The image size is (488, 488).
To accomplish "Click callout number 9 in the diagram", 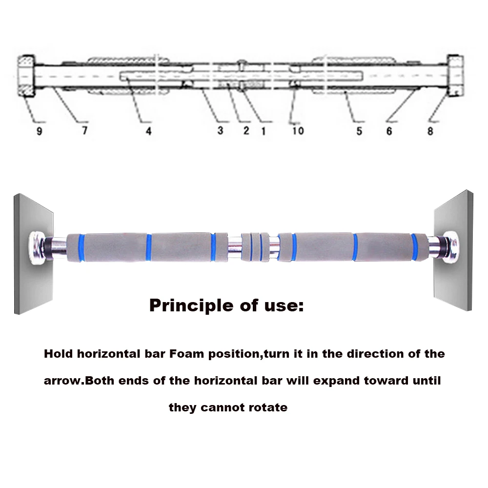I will (x=39, y=131).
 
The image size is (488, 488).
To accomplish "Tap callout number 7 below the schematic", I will (x=84, y=131).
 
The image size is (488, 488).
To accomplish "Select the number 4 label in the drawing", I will (x=148, y=131).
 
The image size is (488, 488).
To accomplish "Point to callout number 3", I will (x=221, y=130).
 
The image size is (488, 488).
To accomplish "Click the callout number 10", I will (x=298, y=130).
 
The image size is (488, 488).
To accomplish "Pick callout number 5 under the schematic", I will (x=359, y=131).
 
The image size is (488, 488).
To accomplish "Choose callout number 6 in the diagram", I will (x=389, y=131).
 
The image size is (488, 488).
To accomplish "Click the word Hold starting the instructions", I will (x=58, y=354).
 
